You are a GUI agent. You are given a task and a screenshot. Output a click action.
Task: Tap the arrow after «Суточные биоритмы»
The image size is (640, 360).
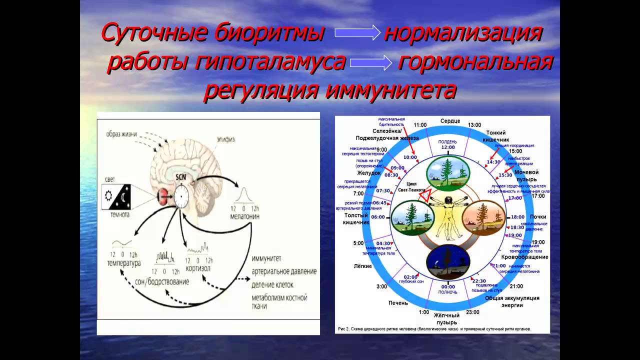click(357, 33)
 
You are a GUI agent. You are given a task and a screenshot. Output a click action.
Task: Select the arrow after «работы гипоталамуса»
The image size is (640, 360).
click(370, 62)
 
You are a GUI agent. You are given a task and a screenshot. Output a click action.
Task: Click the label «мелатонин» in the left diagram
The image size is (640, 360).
click(244, 217)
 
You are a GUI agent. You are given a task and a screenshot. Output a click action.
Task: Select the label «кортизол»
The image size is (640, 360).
click(199, 269)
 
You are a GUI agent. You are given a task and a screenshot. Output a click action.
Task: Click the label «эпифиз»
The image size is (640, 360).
click(225, 139)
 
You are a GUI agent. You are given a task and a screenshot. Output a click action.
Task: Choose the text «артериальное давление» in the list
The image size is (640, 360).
click(283, 271)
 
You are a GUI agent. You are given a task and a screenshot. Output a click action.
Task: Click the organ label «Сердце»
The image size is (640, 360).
click(450, 121)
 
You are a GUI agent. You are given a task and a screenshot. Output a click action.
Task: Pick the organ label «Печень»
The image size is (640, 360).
click(398, 303)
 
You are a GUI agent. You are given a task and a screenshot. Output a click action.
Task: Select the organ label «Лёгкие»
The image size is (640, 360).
click(362, 266)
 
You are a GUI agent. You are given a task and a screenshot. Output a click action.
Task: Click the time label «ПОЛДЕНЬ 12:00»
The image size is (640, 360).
click(448, 144)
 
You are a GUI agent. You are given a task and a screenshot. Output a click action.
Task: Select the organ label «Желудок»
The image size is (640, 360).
click(369, 172)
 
